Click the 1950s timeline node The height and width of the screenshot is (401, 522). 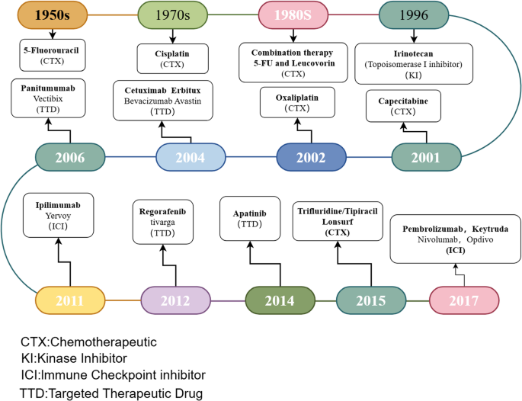point(53,15)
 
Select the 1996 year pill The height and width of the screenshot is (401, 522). point(414,15)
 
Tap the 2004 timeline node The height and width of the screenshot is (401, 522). point(191,157)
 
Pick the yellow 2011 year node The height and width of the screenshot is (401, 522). point(70,300)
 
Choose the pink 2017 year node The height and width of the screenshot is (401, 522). point(464,300)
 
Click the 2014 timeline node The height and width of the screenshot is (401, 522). point(280,300)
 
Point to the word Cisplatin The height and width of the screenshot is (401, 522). point(172,53)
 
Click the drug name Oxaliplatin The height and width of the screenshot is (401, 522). point(297,98)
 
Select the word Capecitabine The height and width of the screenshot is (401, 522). point(403,101)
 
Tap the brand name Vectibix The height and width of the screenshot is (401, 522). point(48,99)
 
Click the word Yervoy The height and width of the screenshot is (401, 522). point(58,216)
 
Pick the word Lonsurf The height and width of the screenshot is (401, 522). point(338,222)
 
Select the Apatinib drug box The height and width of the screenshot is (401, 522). point(250,219)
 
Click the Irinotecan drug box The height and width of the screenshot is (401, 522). point(414,63)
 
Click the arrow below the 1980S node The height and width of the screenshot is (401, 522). point(293,36)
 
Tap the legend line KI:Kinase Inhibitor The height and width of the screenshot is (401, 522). point(74,358)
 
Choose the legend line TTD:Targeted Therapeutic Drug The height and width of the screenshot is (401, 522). point(111,393)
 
